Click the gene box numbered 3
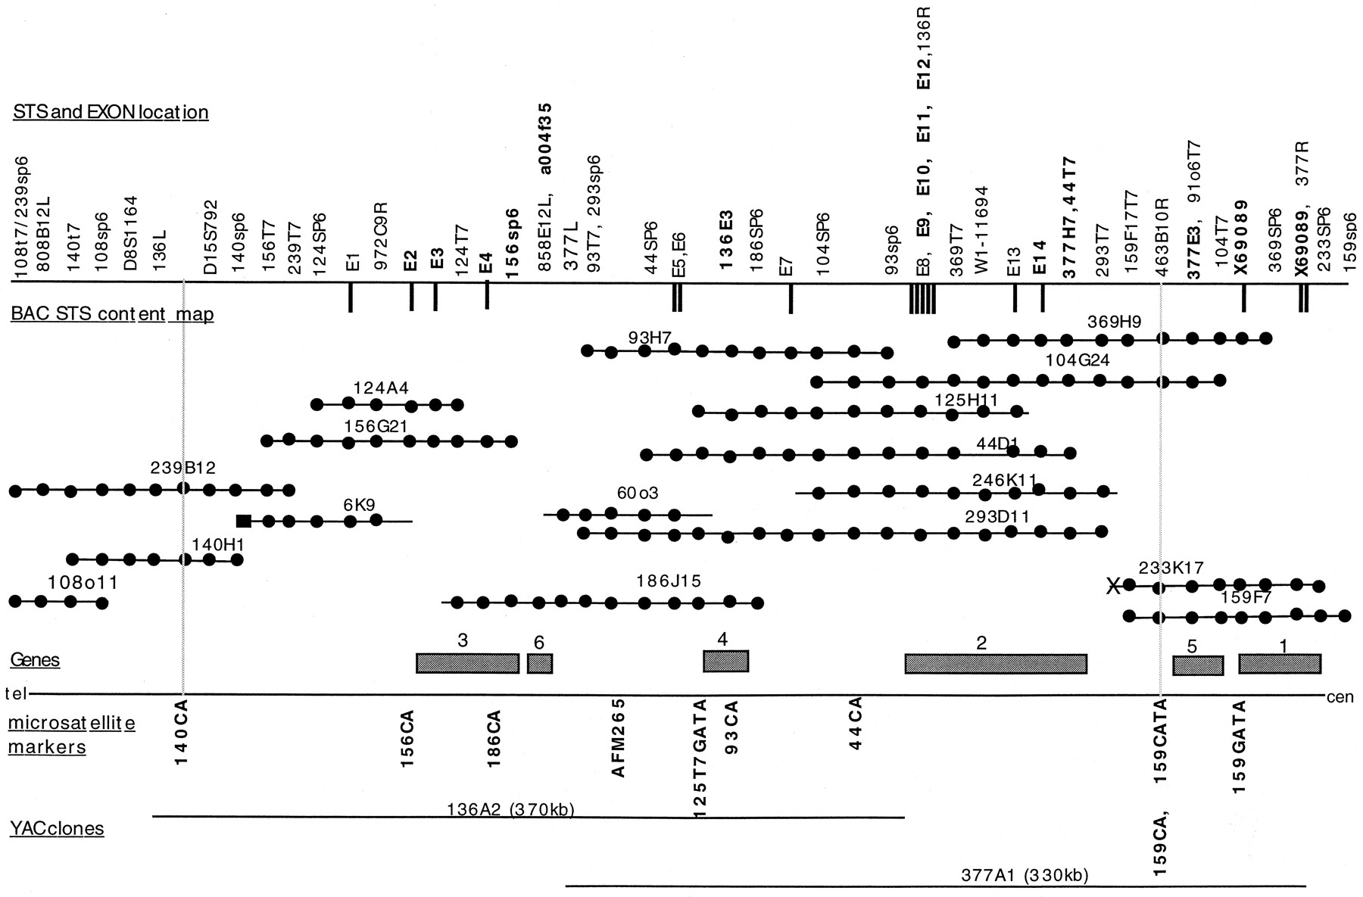click(x=467, y=663)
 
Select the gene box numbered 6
click(x=540, y=663)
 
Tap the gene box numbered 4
click(x=725, y=661)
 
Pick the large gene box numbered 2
click(x=996, y=664)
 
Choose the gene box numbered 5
click(x=1198, y=665)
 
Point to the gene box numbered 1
click(x=1280, y=664)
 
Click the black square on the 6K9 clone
click(x=244, y=521)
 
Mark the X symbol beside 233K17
click(x=1112, y=585)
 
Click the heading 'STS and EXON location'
click(x=111, y=113)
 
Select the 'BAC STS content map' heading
click(x=112, y=314)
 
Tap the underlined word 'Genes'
click(x=35, y=660)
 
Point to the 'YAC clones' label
click(x=57, y=828)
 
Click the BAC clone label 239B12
click(x=183, y=469)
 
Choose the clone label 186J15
click(x=669, y=581)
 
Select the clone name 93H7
click(x=650, y=338)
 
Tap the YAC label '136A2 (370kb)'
click(x=511, y=810)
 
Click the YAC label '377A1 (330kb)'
click(x=1025, y=876)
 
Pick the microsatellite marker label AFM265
click(x=619, y=737)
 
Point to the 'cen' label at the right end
click(x=1340, y=697)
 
